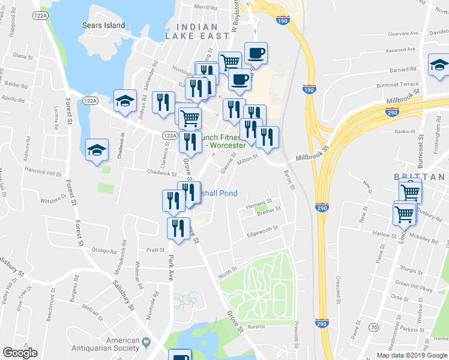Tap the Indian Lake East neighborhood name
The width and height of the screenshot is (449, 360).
(197, 32)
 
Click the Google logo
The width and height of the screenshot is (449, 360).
(20, 353)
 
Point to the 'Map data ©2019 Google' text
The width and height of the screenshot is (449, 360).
(411, 355)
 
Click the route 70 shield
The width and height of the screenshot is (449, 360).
(373, 327)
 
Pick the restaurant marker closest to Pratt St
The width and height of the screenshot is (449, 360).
(178, 229)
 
